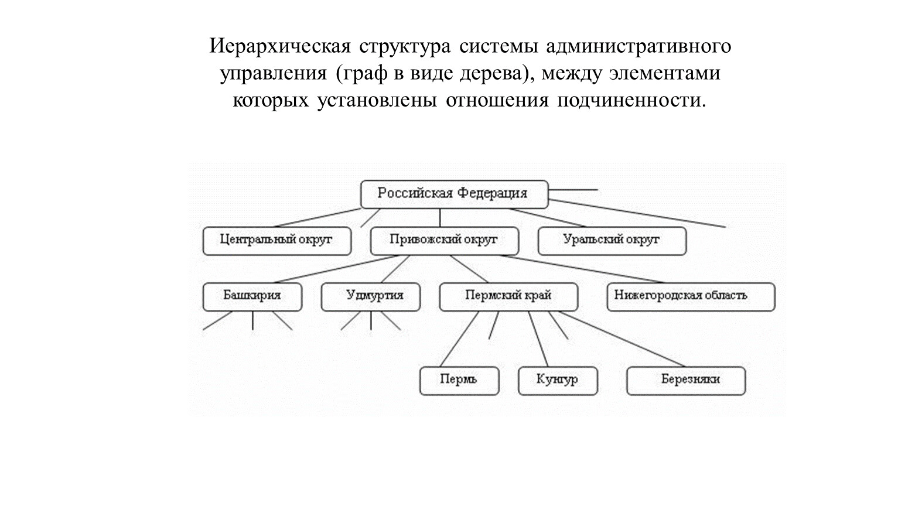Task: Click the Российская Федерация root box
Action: point(454,194)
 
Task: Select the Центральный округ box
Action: point(277,241)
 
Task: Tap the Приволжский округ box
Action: point(445,241)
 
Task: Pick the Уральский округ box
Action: point(612,241)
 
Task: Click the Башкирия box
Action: point(252,297)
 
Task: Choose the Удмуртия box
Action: point(371,297)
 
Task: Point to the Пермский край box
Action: point(508,297)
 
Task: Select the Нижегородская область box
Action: point(691,297)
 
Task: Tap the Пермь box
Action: point(459,381)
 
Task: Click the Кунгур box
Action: point(558,381)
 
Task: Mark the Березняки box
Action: point(687,381)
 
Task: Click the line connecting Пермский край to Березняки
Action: point(622,339)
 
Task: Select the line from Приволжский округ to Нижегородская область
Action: point(581,269)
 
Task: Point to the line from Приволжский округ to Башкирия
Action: point(336,269)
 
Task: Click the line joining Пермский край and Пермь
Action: point(459,339)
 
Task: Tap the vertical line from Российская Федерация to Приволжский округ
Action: point(440,218)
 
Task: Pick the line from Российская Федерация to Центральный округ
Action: point(317,218)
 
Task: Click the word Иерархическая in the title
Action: point(280,46)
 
